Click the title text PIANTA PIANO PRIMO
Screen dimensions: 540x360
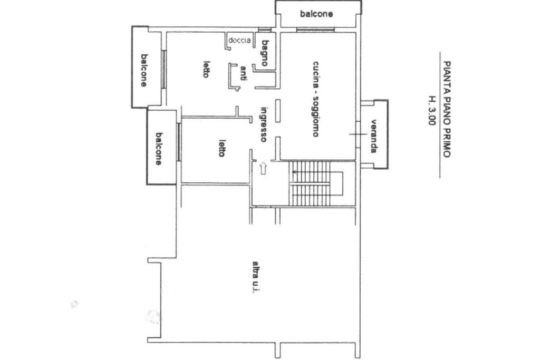pyautogui.click(x=446, y=110)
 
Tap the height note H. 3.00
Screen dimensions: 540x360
pyautogui.click(x=432, y=111)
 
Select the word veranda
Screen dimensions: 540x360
pyautogui.click(x=374, y=136)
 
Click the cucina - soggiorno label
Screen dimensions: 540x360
pyautogui.click(x=315, y=99)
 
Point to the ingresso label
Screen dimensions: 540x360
pyautogui.click(x=264, y=124)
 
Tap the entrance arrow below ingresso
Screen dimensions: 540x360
pyautogui.click(x=263, y=168)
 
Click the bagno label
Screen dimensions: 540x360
pyautogui.click(x=265, y=53)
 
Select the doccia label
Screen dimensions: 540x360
pyautogui.click(x=239, y=40)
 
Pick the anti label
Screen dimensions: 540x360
pyautogui.click(x=243, y=73)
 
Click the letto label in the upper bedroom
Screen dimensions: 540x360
pyautogui.click(x=206, y=69)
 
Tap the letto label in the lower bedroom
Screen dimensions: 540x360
pyautogui.click(x=222, y=148)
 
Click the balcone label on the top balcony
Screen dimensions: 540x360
pyautogui.click(x=316, y=14)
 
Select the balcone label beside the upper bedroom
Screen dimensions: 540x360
pyautogui.click(x=144, y=70)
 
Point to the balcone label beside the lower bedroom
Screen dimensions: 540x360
pyautogui.click(x=158, y=149)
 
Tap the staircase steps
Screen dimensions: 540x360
pyautogui.click(x=309, y=184)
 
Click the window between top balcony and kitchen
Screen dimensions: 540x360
pyautogui.click(x=315, y=30)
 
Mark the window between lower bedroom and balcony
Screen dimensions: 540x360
pyautogui.click(x=179, y=142)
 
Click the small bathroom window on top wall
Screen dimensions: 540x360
pyautogui.click(x=265, y=30)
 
